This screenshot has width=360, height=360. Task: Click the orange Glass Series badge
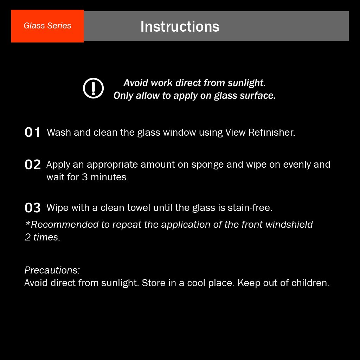tap(47, 26)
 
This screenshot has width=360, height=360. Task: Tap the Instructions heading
tap(180, 26)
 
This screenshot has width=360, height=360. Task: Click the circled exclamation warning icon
tap(93, 88)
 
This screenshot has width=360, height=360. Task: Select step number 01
tap(33, 133)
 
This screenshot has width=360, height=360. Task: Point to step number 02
tap(33, 165)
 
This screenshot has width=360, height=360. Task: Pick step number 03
tap(33, 208)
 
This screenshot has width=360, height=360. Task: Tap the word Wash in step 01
tap(58, 133)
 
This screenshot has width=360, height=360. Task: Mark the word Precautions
tap(52, 270)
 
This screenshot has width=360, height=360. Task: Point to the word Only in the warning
tap(123, 96)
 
